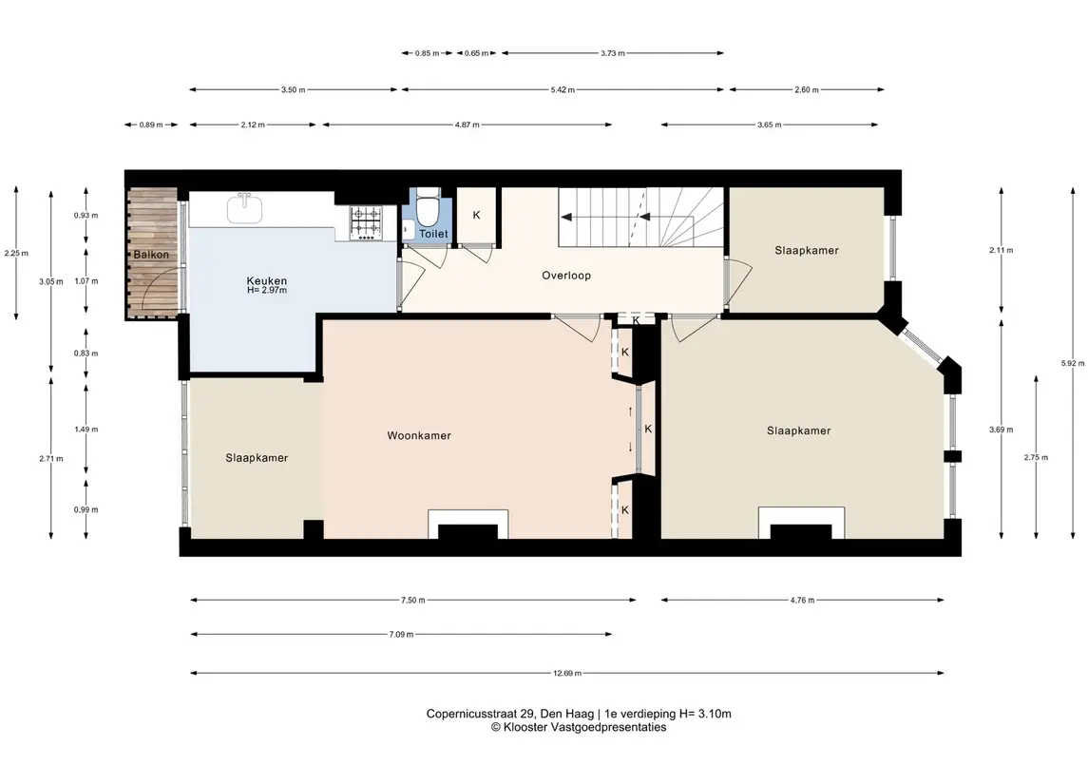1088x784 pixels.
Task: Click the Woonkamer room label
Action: coord(418,436)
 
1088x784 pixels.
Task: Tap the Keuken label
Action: coord(266,280)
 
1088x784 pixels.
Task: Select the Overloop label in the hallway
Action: coord(566,276)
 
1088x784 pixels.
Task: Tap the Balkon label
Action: coord(151,255)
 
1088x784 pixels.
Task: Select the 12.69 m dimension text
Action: coord(567,673)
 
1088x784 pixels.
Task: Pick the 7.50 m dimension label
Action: coord(411,600)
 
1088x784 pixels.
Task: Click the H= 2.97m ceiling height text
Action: coord(266,291)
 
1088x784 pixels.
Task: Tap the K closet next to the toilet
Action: coord(476,216)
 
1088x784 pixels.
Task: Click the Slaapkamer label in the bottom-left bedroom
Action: coord(257,458)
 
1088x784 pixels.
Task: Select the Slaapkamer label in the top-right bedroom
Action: coord(806,251)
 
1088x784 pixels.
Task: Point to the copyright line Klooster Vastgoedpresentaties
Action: coord(578,727)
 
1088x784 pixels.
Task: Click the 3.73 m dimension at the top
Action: coord(612,53)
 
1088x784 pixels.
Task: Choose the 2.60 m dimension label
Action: coord(806,89)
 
